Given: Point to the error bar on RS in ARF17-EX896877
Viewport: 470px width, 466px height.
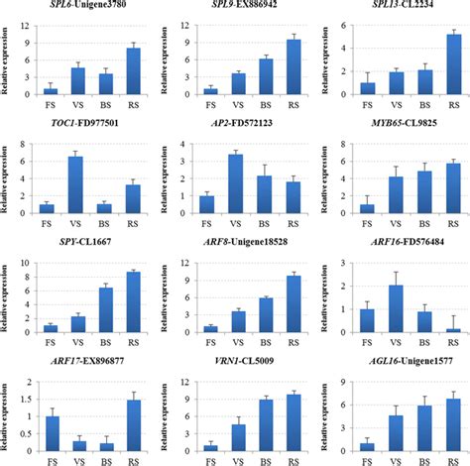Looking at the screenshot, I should (x=133, y=402).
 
